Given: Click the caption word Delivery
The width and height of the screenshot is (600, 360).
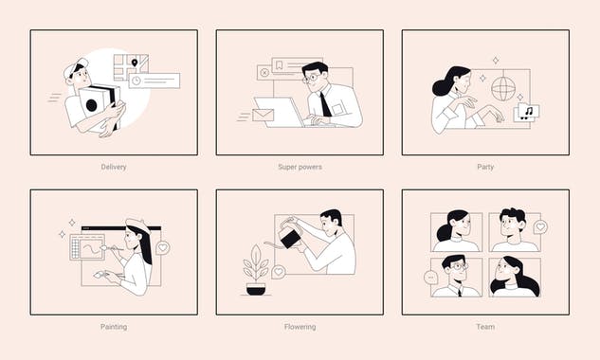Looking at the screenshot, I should tap(114, 167).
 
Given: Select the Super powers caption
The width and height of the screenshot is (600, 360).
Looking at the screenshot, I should tap(300, 167).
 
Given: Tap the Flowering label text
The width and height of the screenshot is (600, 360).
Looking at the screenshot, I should tap(300, 327).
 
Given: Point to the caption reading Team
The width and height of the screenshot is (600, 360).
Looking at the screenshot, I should tap(485, 327).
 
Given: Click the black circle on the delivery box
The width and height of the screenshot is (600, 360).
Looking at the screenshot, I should tap(92, 105).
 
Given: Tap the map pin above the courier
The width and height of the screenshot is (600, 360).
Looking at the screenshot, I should tap(134, 63).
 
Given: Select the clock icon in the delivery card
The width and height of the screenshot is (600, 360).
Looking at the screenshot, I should tap(136, 81).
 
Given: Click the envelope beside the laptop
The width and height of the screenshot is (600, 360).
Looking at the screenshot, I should tap(263, 115).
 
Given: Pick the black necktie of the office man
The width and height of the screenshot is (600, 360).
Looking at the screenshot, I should tap(325, 103).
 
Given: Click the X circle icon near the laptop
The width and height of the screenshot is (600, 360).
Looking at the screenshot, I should tap(264, 73).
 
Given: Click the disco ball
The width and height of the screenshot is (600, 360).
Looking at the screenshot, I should tap(503, 88).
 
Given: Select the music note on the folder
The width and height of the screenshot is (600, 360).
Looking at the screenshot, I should tap(527, 112).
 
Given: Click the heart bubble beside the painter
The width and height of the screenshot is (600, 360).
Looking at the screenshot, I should tap(163, 247).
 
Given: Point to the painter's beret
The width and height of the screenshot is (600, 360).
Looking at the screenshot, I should tap(137, 225).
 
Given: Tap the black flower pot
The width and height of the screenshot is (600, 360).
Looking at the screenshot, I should tap(256, 288).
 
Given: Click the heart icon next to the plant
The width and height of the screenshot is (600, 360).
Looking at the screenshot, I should tap(279, 272).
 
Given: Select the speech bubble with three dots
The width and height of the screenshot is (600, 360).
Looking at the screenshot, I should tap(431, 278).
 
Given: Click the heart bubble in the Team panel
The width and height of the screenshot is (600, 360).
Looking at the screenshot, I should tap(540, 227).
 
